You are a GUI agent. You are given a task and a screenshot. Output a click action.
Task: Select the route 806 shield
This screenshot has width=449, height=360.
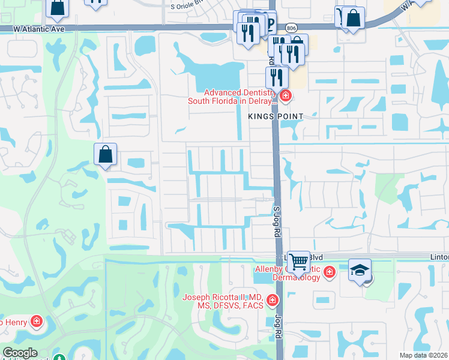291,27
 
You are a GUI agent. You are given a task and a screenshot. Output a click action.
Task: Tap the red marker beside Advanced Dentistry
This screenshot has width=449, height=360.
285,95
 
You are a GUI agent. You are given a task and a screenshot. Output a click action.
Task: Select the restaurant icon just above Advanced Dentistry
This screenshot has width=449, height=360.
277,77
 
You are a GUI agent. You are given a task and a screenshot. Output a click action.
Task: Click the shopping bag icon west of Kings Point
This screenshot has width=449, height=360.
106,155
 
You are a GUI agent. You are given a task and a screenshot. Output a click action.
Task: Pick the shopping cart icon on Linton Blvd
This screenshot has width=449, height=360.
298,262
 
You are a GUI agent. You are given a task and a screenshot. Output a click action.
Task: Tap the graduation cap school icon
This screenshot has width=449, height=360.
360,270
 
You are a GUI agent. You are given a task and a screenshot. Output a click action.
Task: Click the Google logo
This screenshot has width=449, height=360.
20,353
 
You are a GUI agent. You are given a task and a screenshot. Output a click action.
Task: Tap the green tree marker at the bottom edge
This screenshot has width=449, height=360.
59,358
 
